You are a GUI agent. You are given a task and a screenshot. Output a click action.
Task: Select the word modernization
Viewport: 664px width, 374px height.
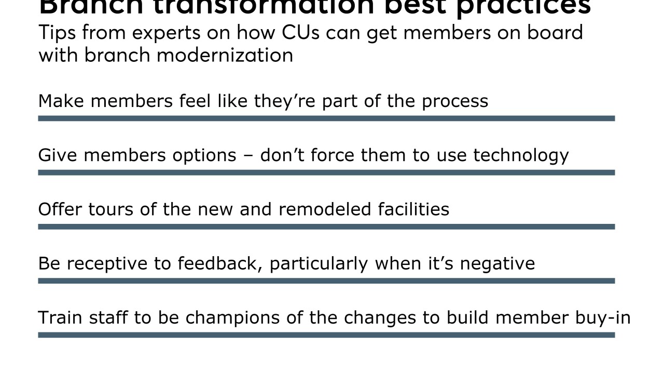pos(225,55)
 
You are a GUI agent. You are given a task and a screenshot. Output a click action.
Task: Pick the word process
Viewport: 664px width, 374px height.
pos(455,101)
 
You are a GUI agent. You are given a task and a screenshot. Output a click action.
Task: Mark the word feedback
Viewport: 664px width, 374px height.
pos(220,263)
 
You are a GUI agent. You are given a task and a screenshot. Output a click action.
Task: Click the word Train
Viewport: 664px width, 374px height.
pos(59,318)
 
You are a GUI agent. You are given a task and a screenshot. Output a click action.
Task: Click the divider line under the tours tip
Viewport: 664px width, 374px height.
pos(326,227)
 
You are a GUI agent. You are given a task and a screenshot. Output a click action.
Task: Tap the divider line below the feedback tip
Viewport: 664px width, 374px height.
pos(326,281)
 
